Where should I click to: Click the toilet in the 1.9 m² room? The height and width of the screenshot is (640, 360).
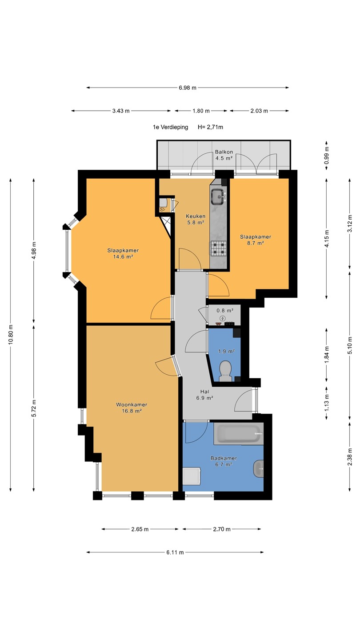pyautogui.click(x=226, y=371)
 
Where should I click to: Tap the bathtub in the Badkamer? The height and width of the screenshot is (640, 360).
pyautogui.click(x=239, y=434)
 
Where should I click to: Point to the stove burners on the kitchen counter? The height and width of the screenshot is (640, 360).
pyautogui.click(x=219, y=248)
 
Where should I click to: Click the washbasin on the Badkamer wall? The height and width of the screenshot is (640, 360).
pyautogui.click(x=259, y=468)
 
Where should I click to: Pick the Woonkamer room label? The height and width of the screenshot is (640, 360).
pyautogui.click(x=132, y=404)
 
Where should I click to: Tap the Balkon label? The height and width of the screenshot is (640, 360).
pyautogui.click(x=224, y=152)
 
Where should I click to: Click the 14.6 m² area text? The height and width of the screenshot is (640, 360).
pyautogui.click(x=123, y=256)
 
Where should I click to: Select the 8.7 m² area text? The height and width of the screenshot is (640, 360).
pyautogui.click(x=256, y=243)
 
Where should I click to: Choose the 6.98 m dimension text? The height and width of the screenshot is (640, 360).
pyautogui.click(x=188, y=88)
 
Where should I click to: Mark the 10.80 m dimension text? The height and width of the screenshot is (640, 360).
pyautogui.click(x=11, y=334)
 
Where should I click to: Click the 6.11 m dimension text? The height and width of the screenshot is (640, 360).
pyautogui.click(x=175, y=552)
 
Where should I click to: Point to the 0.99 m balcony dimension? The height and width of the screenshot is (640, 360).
pyautogui.click(x=327, y=155)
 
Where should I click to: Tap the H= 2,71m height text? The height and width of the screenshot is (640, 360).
pyautogui.click(x=210, y=127)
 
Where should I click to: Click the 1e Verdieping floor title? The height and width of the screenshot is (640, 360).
pyautogui.click(x=171, y=127)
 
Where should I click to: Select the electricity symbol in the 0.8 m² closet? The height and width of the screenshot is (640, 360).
pyautogui.click(x=222, y=318)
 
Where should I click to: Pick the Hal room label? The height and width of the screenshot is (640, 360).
pyautogui.click(x=204, y=392)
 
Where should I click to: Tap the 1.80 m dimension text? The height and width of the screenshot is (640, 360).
pyautogui.click(x=201, y=111)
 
